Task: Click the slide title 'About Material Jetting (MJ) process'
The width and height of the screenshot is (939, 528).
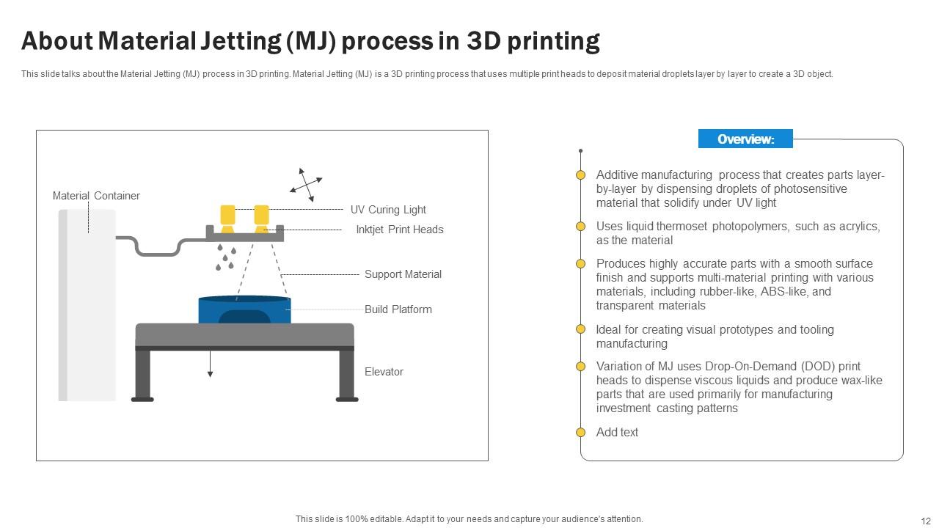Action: pos(310,41)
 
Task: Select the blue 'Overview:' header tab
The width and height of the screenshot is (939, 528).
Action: pos(745,139)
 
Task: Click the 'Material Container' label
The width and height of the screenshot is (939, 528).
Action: pos(96,196)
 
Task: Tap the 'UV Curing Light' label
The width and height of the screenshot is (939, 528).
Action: pos(388,210)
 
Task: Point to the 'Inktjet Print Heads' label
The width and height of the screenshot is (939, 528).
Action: pos(400,230)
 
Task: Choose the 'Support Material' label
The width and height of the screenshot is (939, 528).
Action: pos(403,274)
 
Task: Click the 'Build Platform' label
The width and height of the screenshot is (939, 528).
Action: pos(398,309)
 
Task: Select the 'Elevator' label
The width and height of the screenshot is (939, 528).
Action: pos(384,372)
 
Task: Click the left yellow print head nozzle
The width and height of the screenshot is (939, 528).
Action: pos(228,216)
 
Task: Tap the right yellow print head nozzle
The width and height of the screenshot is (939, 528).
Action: pos(261,216)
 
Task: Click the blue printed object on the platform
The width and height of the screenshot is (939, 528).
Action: pos(244,309)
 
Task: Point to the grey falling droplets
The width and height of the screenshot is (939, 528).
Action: pos(225,257)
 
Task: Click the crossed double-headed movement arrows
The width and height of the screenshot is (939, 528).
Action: pos(306,185)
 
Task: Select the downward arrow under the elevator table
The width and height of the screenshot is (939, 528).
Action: pos(210,364)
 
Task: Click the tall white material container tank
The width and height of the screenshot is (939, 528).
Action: pos(87,304)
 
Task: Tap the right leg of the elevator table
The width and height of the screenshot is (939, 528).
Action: pos(347,375)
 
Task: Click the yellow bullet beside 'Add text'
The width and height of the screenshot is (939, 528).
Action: pos(580,433)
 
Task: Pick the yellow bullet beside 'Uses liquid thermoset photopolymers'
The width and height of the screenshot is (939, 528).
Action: pos(580,227)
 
